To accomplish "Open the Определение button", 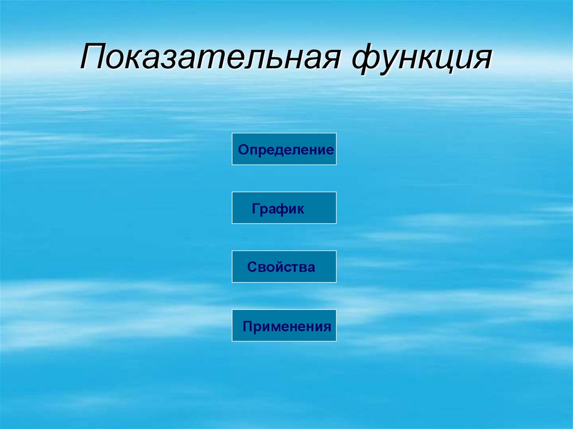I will click(284, 149).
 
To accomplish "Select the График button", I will click(284, 208).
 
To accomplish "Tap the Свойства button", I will click(284, 267).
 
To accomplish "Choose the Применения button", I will click(284, 326).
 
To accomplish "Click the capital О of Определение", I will click(242, 149).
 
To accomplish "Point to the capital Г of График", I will click(255, 209).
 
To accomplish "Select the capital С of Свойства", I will click(251, 267).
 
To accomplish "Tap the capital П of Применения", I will click(247, 326).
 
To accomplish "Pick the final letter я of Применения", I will click(327, 327).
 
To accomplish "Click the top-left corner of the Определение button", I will click(232, 133).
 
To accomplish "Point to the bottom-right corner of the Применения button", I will click(336, 341).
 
